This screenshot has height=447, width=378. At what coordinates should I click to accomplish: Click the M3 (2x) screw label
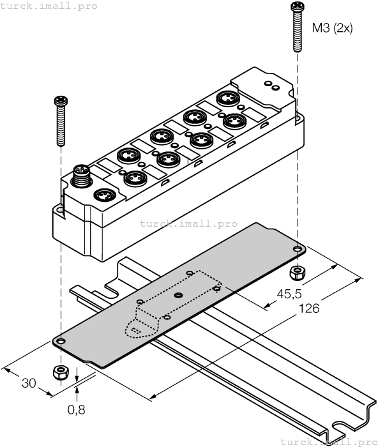tap(332, 28)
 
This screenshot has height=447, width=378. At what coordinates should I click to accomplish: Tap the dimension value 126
tap(309, 308)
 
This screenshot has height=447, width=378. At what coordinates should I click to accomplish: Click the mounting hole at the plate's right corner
tap(298, 249)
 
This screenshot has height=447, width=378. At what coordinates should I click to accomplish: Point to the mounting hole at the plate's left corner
tap(59, 342)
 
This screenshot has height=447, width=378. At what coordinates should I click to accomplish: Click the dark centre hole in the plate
tap(179, 295)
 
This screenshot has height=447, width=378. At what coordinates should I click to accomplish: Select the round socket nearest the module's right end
tap(225, 99)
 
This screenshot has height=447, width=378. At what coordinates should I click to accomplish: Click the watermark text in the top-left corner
tap(49, 6)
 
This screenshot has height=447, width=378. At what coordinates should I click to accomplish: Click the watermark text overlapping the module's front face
tap(188, 224)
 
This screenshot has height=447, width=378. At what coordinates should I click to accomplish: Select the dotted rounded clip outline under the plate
tap(135, 328)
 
